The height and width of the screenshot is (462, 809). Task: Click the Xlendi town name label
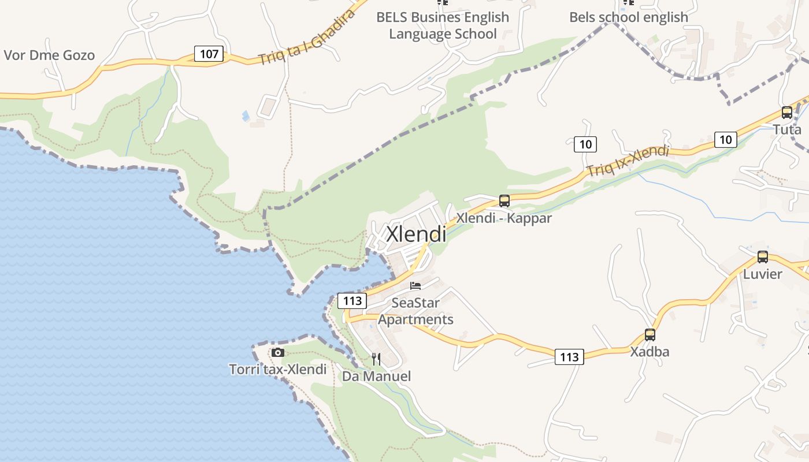tap(415, 234)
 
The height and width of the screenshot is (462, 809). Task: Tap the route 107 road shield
tap(209, 54)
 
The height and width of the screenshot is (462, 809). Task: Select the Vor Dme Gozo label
tap(49, 55)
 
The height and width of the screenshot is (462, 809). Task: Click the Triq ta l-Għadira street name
tap(306, 38)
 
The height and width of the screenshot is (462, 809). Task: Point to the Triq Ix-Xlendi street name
tap(628, 161)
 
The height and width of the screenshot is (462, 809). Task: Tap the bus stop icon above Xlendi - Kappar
tap(504, 201)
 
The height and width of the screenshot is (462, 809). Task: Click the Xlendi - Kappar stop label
tap(504, 218)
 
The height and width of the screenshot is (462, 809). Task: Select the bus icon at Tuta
tap(786, 113)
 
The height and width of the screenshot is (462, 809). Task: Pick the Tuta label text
tap(787, 129)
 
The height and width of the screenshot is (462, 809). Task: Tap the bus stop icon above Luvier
tap(763, 257)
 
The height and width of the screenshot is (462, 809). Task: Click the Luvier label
tap(763, 274)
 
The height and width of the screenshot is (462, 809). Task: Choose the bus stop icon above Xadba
tap(650, 335)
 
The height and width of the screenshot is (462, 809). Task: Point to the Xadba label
tap(650, 352)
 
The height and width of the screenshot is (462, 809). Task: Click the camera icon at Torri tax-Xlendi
tap(278, 352)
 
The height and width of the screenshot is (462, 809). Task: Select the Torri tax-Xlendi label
tap(278, 370)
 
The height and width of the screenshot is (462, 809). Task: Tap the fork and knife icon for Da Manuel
tap(376, 359)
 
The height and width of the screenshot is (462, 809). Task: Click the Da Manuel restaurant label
tap(376, 377)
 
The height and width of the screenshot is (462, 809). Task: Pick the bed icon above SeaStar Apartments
tap(415, 285)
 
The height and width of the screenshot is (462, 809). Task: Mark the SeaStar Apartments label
tap(415, 311)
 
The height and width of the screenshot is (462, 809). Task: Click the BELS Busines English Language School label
tap(443, 25)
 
